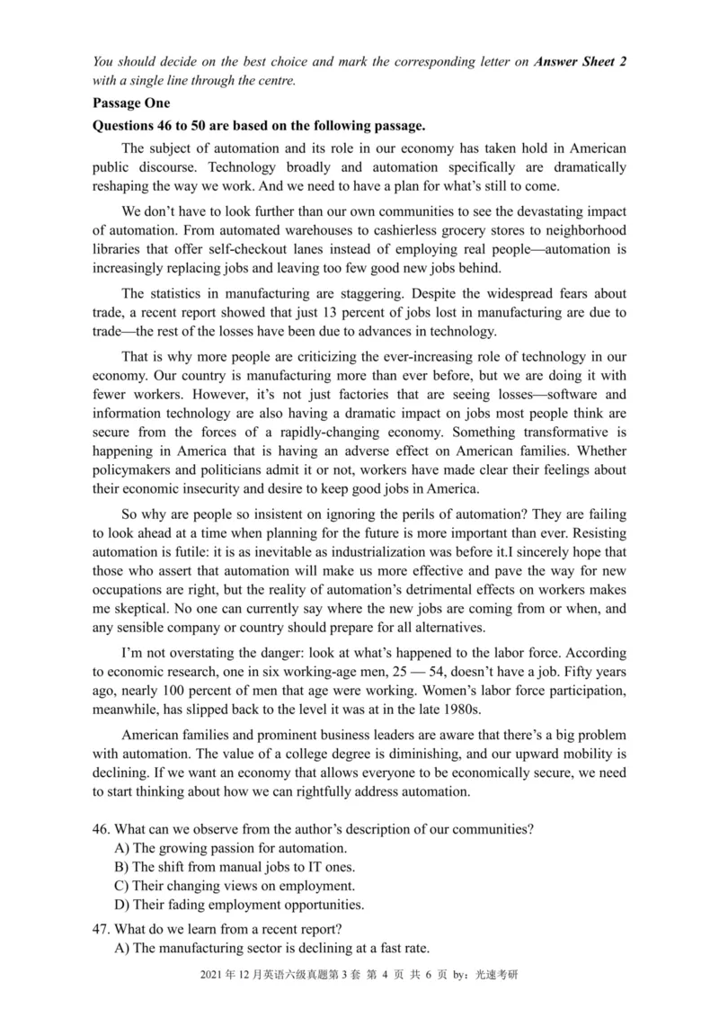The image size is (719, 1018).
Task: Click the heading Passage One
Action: coord(130,103)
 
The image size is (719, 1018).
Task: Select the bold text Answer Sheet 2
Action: coord(581,61)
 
